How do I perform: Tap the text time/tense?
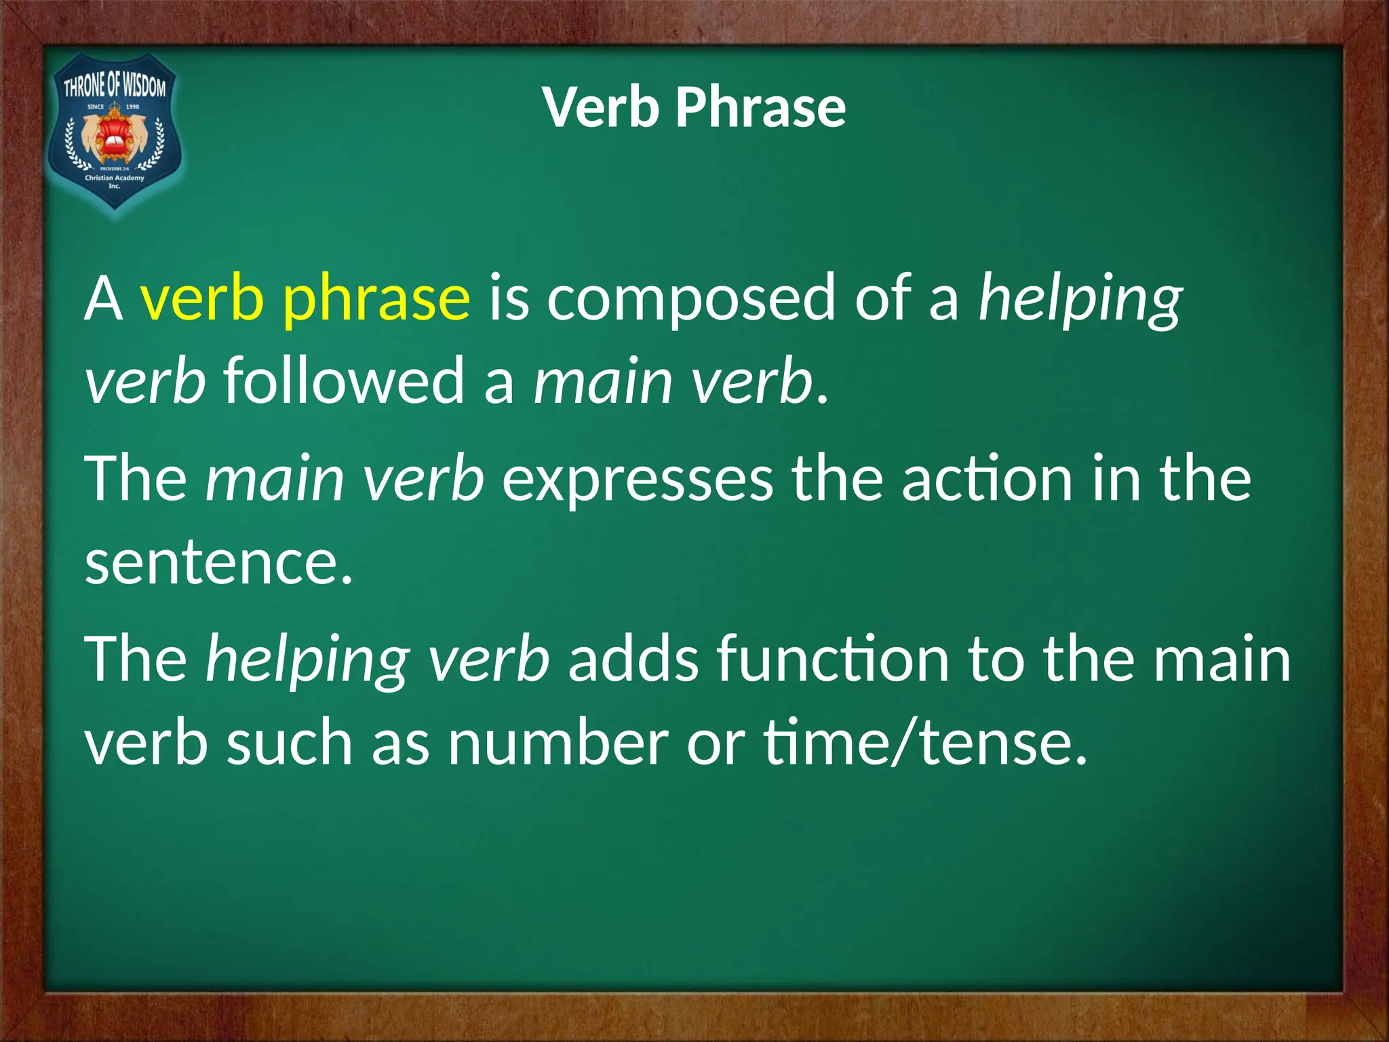[x=925, y=742]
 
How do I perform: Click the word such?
[x=290, y=742]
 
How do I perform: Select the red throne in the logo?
[x=115, y=140]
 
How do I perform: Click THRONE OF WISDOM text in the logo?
[x=115, y=87]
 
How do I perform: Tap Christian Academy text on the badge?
[x=115, y=178]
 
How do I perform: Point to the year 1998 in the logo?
[x=132, y=107]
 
